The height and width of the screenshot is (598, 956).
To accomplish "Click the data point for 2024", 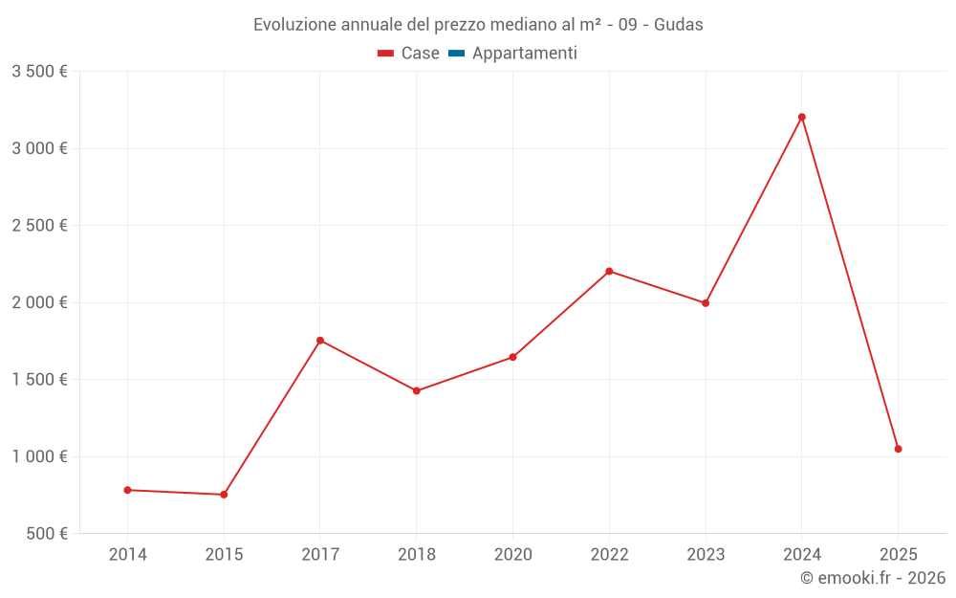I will tap(802, 117).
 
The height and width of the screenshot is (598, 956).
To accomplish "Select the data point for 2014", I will tap(127, 490).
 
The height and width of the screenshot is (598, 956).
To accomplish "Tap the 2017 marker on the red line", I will tap(320, 341).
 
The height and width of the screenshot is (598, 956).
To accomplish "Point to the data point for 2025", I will tap(898, 449).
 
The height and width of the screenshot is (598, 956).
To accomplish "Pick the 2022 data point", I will tap(609, 271).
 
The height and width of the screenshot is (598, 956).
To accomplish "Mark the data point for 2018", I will tap(417, 390).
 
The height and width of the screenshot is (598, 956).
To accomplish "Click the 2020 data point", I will tap(512, 357).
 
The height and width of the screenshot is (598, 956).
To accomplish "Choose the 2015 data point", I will tap(224, 495).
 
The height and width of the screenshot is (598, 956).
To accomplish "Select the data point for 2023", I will tap(706, 303).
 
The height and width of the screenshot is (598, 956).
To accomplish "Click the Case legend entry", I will tap(409, 54).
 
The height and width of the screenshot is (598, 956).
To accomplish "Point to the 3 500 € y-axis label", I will tap(39, 72).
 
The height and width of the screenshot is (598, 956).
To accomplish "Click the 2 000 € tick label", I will tap(39, 302).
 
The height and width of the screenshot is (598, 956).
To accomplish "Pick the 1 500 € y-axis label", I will tap(39, 380).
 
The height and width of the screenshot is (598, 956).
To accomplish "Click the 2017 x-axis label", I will tap(320, 555).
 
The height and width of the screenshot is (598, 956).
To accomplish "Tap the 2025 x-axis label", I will tap(898, 555).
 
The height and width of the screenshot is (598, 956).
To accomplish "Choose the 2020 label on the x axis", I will tap(512, 555).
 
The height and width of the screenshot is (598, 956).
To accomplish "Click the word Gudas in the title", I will tap(679, 25).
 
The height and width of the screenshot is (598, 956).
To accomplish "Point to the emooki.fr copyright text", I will tap(873, 578).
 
